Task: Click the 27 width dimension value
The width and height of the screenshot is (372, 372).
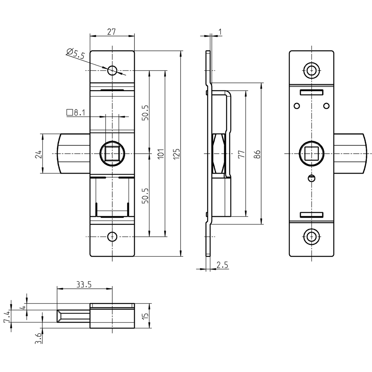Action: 111,32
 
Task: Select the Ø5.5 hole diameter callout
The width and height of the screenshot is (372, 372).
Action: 76,54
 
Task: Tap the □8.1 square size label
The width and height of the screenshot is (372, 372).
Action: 76,113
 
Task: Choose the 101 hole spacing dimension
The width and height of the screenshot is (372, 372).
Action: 161,154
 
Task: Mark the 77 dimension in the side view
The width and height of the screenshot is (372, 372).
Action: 241,154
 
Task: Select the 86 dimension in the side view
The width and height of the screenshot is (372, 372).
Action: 257,154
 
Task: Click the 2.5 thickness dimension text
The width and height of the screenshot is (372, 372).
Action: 222,265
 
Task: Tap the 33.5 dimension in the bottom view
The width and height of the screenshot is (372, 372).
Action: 84,285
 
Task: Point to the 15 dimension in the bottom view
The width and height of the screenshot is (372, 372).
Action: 146,316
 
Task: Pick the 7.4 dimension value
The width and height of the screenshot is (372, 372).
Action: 7,316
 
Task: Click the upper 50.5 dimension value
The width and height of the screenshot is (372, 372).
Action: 145,113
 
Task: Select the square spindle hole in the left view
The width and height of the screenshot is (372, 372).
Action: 113,154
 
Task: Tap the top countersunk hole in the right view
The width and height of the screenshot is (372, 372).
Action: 311,70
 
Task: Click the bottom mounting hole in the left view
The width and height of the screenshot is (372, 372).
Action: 113,237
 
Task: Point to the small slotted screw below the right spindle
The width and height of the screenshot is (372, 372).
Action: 311,178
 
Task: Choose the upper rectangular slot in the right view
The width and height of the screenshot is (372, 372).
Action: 311,92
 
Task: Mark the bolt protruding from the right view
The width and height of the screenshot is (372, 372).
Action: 349,154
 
